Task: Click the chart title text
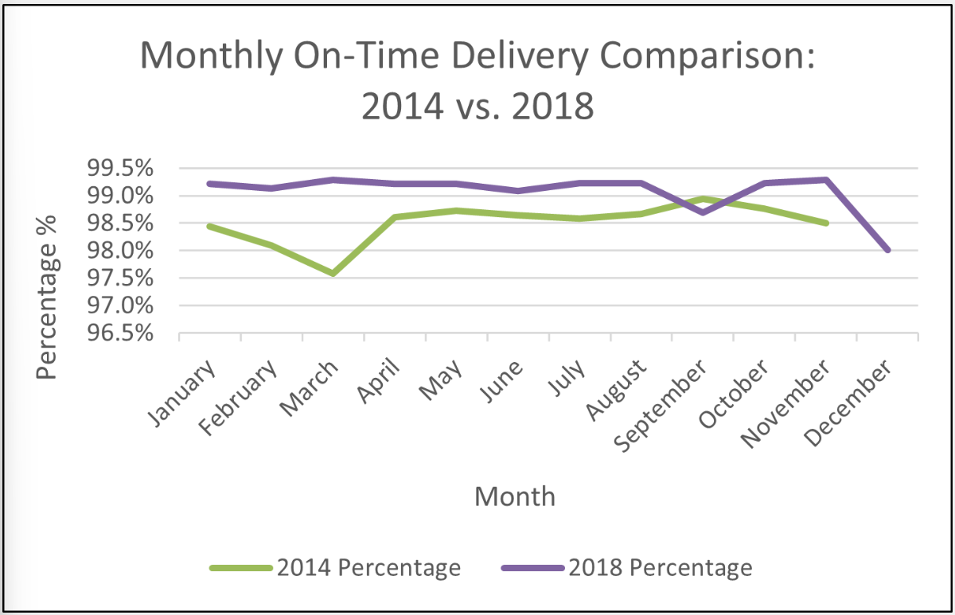click(477, 80)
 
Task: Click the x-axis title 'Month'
click(514, 496)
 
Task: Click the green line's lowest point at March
click(333, 274)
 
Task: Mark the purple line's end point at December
click(887, 250)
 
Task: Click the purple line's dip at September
click(703, 212)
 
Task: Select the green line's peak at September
click(703, 198)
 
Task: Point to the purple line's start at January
click(209, 184)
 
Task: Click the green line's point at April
click(395, 216)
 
